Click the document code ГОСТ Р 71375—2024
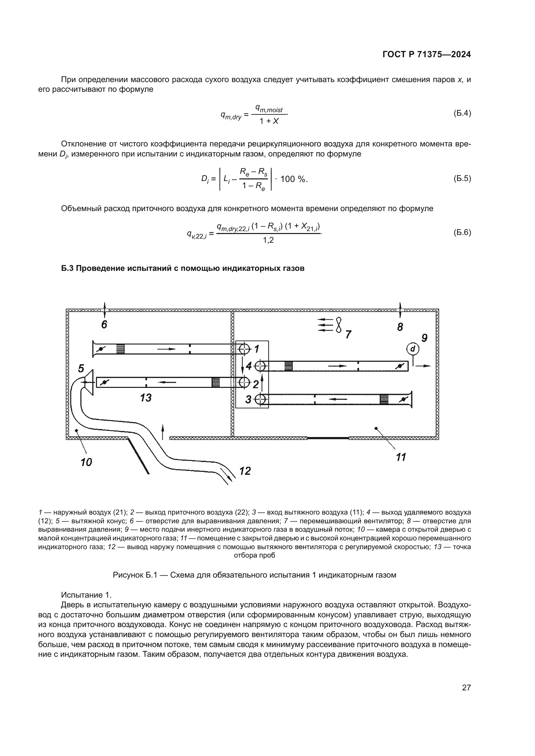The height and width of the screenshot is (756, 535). coord(426,55)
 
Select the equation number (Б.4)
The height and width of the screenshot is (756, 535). coord(462,113)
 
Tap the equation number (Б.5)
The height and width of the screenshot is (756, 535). coord(462,178)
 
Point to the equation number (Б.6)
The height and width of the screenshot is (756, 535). coord(462,232)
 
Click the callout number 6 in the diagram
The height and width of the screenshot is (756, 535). coord(104,325)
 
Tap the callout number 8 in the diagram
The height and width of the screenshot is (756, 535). coord(400,327)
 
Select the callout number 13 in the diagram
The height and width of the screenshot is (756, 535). coord(146,398)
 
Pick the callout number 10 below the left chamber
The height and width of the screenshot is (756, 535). coord(86,462)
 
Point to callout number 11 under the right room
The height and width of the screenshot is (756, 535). coord(401,457)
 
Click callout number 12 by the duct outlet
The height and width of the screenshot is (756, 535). coord(245,471)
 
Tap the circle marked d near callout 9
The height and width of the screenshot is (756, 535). coord(413,348)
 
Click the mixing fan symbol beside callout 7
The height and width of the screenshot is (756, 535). coord(339,325)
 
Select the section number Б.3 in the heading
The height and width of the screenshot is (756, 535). coord(68,268)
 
